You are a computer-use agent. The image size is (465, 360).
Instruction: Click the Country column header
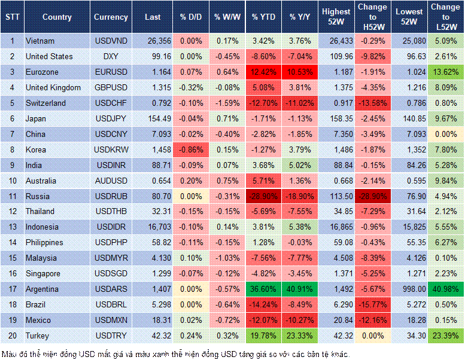coord(57,17)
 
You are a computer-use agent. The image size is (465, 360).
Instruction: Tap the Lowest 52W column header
coord(409,17)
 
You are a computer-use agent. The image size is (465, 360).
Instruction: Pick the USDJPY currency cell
coord(111,118)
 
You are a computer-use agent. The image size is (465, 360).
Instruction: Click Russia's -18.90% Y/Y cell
coord(301,196)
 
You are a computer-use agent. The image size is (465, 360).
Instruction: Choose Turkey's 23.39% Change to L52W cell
coord(445,336)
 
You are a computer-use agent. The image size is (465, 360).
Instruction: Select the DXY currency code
coord(111,56)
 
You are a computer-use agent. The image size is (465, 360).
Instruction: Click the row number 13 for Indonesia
coord(12,227)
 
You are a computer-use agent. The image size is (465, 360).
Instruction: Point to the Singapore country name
coord(43,274)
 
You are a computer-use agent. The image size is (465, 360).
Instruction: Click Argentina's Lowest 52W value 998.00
coord(410,289)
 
